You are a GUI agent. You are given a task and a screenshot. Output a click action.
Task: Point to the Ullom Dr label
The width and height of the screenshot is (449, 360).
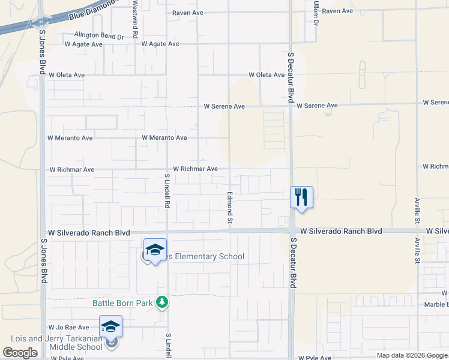coord(315,13)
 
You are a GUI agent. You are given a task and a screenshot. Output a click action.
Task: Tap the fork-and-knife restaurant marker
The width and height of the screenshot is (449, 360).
coord(301,197)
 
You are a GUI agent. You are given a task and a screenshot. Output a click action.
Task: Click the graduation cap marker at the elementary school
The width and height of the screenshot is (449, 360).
coord(155,250)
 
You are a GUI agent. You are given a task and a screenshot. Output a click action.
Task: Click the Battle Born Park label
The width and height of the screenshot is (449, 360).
coord(122,303)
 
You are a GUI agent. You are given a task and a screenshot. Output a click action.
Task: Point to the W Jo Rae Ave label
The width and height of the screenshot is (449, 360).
coord(69,328)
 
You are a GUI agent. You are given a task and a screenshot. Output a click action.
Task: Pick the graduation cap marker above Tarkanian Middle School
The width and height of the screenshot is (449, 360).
coord(111,327)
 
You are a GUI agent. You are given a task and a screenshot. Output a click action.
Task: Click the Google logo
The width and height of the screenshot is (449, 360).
coord(20,353)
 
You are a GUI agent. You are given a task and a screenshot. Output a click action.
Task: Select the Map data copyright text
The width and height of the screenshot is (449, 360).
coord(412,356)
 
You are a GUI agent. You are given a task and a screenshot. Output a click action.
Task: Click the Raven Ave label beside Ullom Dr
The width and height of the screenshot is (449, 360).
coord(337,11)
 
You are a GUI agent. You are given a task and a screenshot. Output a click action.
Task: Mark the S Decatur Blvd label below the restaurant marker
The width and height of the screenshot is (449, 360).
coord(294,262)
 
